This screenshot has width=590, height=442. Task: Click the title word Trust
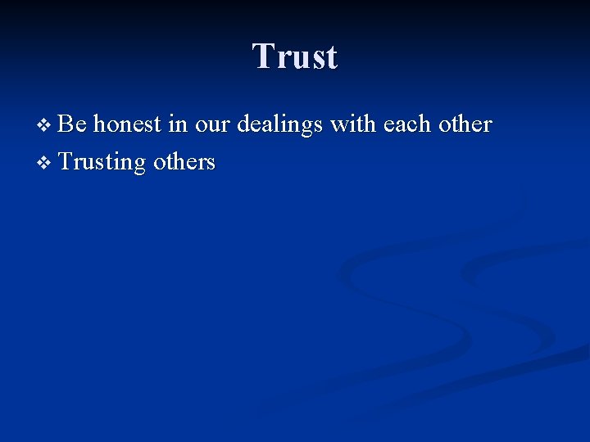(x=295, y=57)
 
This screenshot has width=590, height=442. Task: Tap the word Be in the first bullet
(x=73, y=124)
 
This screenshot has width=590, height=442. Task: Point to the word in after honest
(x=177, y=124)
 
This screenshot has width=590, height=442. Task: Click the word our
(x=212, y=125)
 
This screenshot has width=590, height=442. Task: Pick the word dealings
(x=279, y=125)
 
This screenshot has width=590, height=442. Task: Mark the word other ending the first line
(x=464, y=124)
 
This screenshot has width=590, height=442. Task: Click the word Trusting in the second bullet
(x=102, y=162)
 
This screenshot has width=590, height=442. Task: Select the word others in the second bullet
(x=184, y=162)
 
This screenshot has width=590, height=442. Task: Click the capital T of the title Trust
(x=262, y=57)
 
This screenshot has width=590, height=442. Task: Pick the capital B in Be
(x=67, y=124)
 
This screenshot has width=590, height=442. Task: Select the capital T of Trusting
(x=66, y=161)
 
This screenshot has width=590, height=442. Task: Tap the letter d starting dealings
(x=243, y=124)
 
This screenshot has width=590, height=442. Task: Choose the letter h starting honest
(x=98, y=124)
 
